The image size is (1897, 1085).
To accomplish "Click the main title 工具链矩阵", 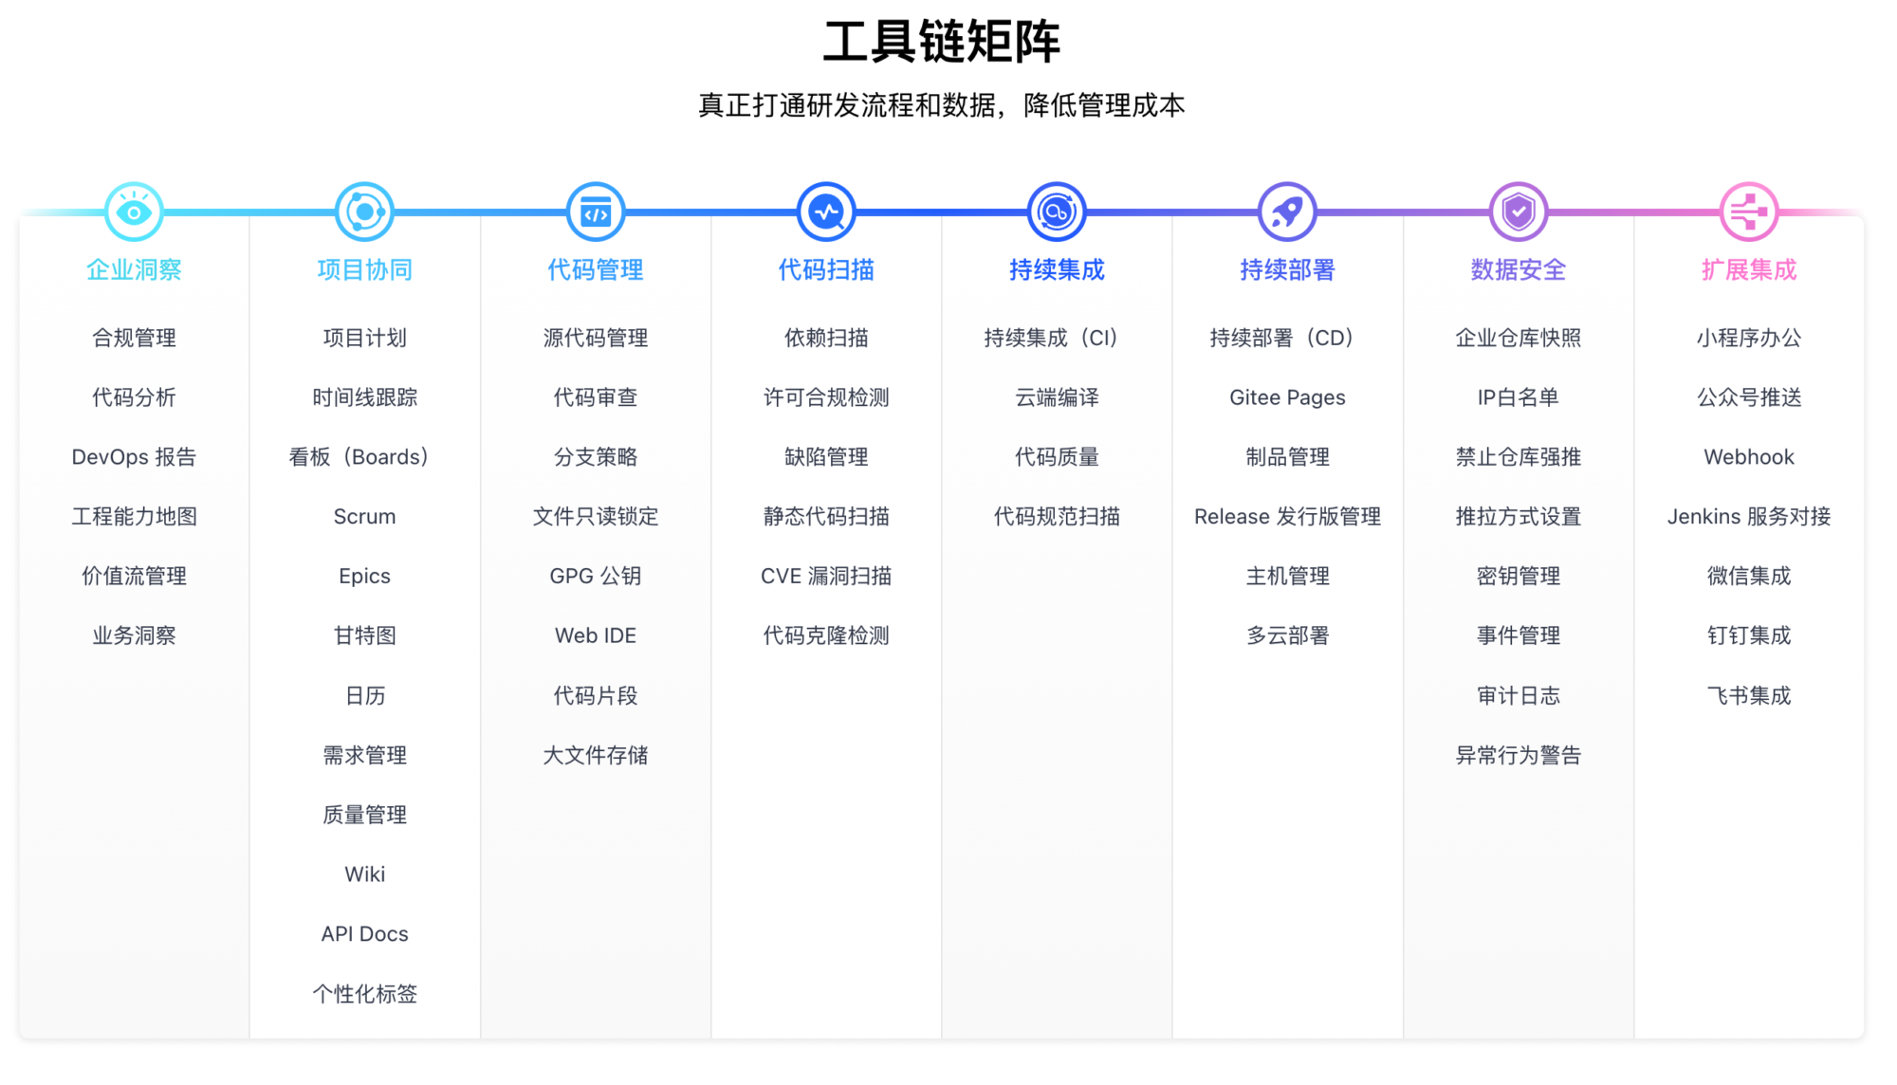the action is coord(941,43).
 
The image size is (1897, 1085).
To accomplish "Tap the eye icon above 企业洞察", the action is coord(134,211).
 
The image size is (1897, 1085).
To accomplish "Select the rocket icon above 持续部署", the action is coord(1287,211).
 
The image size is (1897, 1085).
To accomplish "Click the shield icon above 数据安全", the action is coord(1519,211).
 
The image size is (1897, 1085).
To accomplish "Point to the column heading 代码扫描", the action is coord(826,270).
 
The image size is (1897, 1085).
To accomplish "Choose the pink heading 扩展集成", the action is coord(1749,270).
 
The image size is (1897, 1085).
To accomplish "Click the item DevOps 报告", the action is coord(134,457).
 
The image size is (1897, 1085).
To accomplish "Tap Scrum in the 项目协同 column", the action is coord(364,517).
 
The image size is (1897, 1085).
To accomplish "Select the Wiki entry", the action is coord(364,874).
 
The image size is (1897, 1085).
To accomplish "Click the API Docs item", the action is coord(364,934).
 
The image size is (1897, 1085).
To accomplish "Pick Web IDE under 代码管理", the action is coord(596,635).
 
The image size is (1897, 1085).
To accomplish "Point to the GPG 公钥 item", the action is coord(596,576).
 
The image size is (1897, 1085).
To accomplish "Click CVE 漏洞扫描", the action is coord(826,576).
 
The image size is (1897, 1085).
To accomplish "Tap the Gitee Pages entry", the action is coord(1287,397).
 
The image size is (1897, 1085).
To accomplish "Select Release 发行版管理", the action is coord(1287,517).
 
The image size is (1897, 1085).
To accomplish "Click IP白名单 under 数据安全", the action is coord(1519,397).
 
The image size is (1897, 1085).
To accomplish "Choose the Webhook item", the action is coord(1749,457).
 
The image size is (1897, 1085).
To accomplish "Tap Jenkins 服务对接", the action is coord(1749,517).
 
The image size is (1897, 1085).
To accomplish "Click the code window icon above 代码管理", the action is coord(596,211).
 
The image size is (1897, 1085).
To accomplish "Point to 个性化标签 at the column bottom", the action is coord(364,994).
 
